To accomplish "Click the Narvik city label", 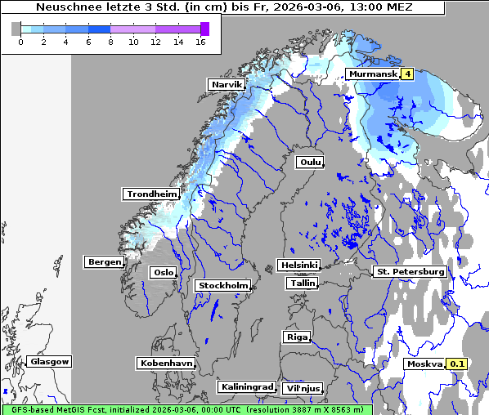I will [227, 85].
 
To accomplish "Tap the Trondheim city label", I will [151, 194].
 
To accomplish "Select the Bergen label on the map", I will [103, 262].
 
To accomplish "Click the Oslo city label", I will [162, 272].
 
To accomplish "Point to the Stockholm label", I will [222, 285].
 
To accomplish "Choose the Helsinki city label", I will [298, 266].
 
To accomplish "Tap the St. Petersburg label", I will [409, 271].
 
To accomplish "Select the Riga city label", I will [296, 337].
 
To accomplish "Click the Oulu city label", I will [309, 162].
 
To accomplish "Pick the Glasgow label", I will [49, 361].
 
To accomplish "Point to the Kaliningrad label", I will [246, 386].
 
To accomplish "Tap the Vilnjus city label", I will [302, 388].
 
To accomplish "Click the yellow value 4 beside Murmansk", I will [407, 74].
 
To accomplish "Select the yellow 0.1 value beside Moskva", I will [457, 364].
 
